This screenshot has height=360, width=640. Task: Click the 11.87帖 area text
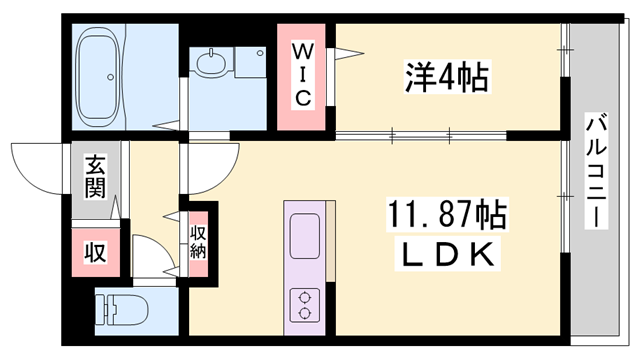tap(446, 215)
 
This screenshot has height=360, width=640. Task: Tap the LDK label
tap(446, 255)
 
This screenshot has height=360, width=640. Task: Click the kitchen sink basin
tap(304, 236)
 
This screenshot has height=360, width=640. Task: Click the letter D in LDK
tap(446, 256)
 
